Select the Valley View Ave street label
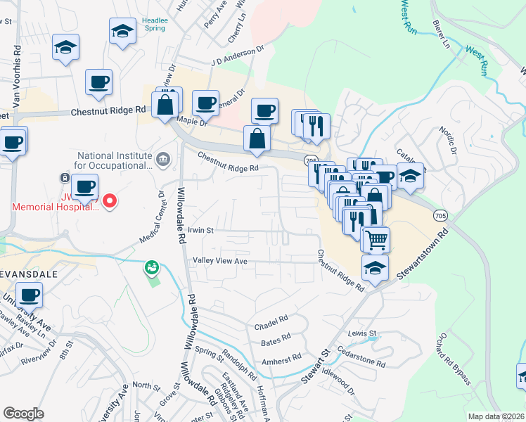pos(220,261)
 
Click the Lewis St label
pos(363,333)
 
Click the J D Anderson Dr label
pos(236,60)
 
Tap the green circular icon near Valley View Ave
pos(150,267)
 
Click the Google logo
pos(23,414)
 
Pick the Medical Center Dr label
pos(151,217)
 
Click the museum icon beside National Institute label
pos(164,160)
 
